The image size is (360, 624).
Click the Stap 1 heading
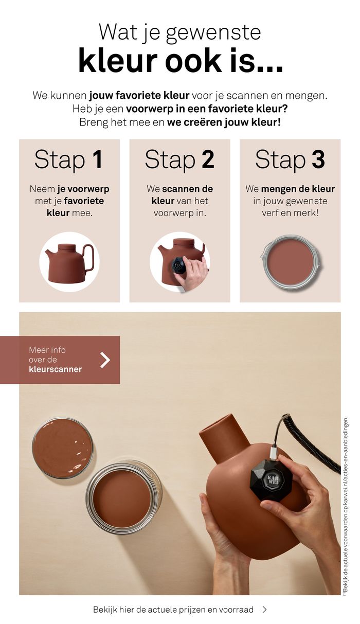coord(68,159)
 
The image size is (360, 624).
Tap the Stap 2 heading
coord(179,159)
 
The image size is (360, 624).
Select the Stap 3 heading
coord(290,159)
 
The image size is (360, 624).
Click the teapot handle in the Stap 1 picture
coord(90,258)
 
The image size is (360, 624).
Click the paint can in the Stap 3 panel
coord(291,261)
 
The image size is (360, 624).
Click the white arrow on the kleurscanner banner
coord(105,360)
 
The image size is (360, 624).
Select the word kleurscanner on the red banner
coord(56,369)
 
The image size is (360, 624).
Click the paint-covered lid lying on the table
coord(62,448)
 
